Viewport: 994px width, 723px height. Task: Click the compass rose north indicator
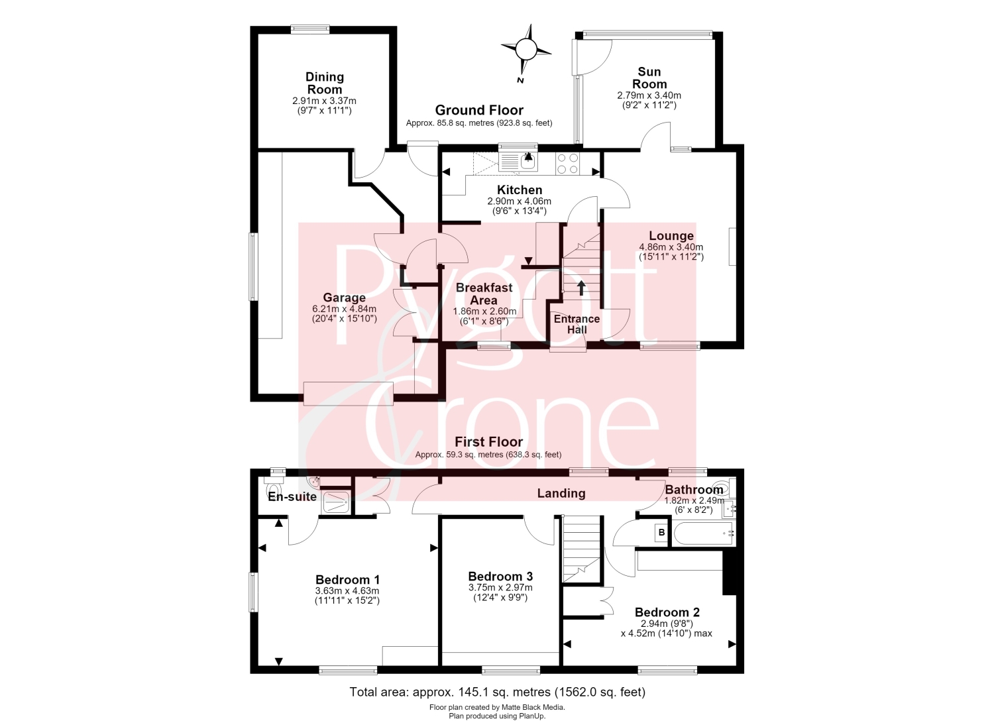click(x=525, y=50)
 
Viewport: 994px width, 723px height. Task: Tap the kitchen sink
click(x=518, y=162)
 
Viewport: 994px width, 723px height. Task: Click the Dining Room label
click(x=325, y=83)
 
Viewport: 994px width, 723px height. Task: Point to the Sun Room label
click(x=649, y=78)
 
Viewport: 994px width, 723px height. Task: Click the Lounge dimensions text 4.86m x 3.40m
click(x=671, y=247)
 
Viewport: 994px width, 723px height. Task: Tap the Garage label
click(x=345, y=298)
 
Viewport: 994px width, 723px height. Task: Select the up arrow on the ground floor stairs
click(x=581, y=288)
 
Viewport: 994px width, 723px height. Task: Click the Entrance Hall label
click(x=577, y=324)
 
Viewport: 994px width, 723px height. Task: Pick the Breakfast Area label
click(x=484, y=294)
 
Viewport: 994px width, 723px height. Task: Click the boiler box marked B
click(x=661, y=532)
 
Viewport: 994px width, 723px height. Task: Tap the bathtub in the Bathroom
click(x=703, y=534)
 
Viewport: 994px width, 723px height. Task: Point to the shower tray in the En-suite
click(x=335, y=503)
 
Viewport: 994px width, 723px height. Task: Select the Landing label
click(x=561, y=493)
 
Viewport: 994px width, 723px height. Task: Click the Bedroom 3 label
click(x=500, y=577)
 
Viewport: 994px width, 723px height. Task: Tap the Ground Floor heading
click(x=479, y=109)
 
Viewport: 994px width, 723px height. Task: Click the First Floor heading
click(x=488, y=441)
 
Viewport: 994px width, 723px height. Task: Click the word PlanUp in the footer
click(x=531, y=716)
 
